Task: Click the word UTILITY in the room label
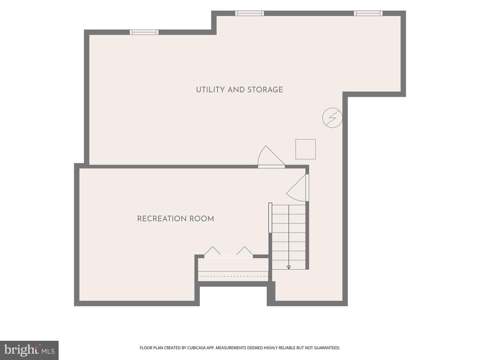point(210,90)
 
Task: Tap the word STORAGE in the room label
point(265,90)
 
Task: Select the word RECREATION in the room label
point(161,219)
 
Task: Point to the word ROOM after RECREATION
point(202,219)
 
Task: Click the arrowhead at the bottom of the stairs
point(289,267)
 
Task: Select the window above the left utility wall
point(144,32)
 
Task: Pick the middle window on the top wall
point(250,13)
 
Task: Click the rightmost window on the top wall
point(368,13)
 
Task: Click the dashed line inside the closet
point(233,276)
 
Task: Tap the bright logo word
point(21,350)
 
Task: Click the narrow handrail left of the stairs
point(270,218)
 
